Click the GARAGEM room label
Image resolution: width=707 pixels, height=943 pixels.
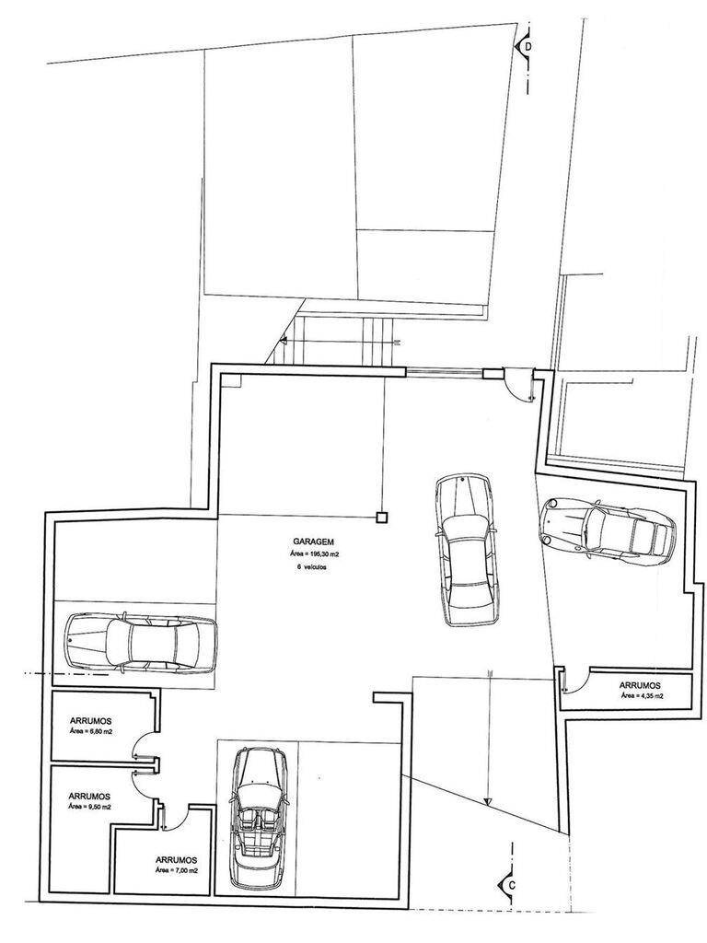pos(309,541)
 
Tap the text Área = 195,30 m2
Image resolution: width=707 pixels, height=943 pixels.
pos(309,553)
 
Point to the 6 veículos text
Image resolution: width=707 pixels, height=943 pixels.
pos(309,566)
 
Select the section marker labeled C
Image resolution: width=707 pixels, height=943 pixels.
pos(508,885)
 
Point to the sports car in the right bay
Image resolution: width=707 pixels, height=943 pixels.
pos(608,531)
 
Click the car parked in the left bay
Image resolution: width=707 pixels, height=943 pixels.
pos(141,642)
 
